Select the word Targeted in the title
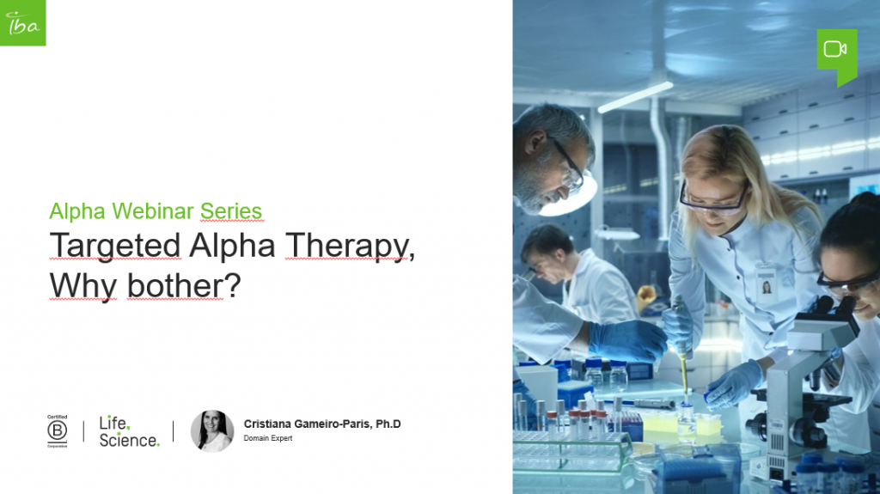(114, 246)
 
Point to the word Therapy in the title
(349, 246)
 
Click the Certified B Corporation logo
(57, 430)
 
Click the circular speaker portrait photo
(211, 430)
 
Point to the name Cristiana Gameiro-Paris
(321, 424)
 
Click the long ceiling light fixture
(635, 96)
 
